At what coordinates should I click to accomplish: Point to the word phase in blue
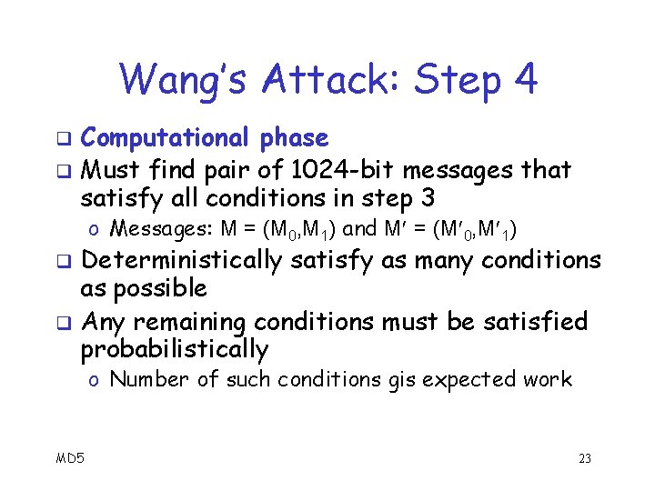tap(293, 139)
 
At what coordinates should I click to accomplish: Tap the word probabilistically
tap(174, 350)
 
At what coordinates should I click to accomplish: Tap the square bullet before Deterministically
tap(64, 262)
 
